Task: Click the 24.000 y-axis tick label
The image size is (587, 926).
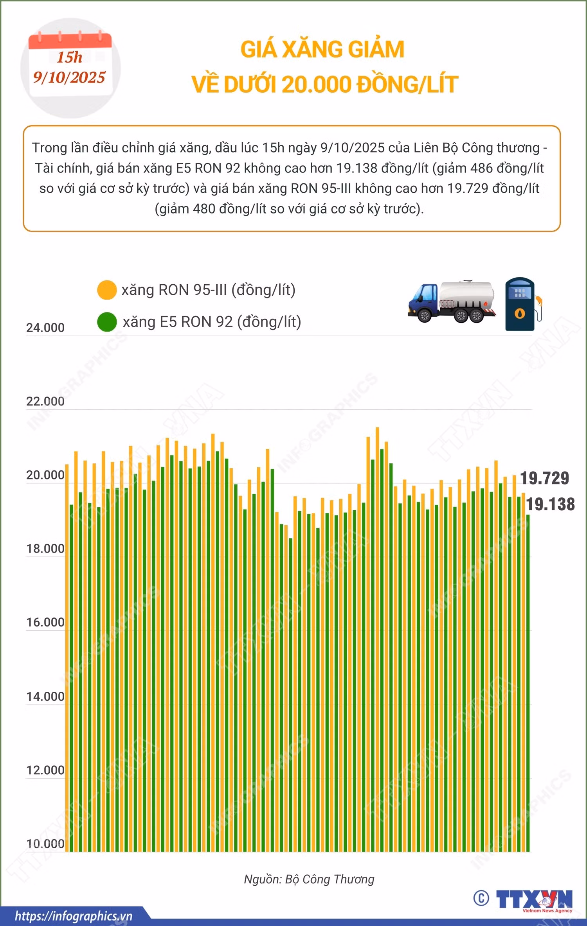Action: click(x=45, y=328)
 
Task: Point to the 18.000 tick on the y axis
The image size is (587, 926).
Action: click(x=45, y=549)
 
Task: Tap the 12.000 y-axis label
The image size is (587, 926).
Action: click(x=45, y=770)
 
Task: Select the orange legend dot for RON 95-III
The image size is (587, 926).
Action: click(x=106, y=290)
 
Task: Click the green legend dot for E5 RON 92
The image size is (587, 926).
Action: click(x=107, y=322)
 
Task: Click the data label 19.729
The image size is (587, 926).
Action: click(x=545, y=478)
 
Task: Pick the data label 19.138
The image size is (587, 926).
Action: click(x=551, y=504)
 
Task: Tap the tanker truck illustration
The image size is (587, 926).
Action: click(x=452, y=301)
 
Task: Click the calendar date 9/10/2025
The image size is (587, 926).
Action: click(x=69, y=77)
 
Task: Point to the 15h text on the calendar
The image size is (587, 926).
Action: click(x=70, y=57)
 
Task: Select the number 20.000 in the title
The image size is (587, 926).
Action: click(x=317, y=84)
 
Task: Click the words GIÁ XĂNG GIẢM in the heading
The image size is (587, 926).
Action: click(x=322, y=49)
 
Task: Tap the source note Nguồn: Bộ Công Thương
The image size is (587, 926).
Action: click(x=309, y=879)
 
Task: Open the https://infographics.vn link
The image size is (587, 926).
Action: click(x=74, y=916)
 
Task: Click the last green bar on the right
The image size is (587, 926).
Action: click(x=528, y=683)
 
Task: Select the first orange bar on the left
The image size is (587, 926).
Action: click(x=67, y=658)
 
